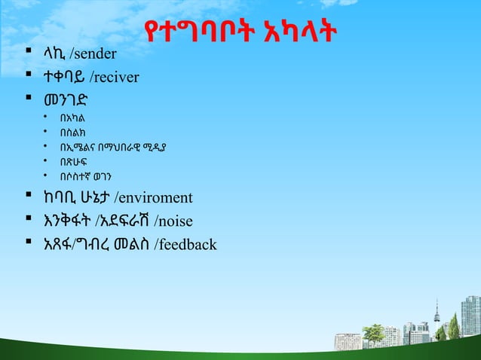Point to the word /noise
pos(174,221)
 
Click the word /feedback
pos(185,244)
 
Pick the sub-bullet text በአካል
pos(73,117)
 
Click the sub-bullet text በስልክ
pos(73,133)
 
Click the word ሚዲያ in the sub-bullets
pos(154,148)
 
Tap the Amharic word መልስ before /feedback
pos(130,244)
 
